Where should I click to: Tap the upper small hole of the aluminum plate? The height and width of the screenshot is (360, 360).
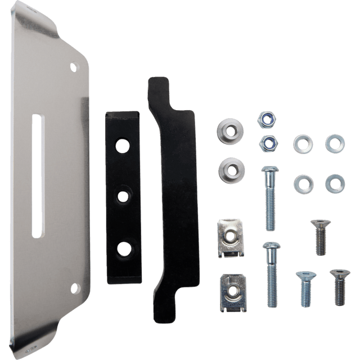73,67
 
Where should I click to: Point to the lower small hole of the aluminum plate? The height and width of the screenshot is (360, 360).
72,289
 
